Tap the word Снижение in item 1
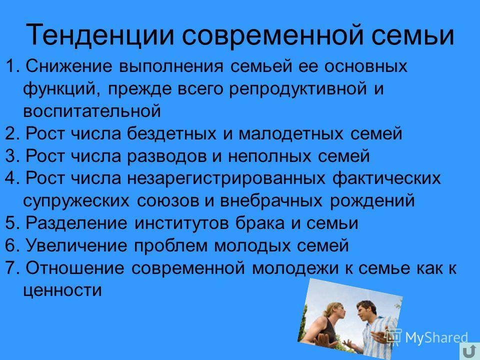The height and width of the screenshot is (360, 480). (69, 66)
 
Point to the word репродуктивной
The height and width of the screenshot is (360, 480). (298, 89)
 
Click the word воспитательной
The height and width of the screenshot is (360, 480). (92, 111)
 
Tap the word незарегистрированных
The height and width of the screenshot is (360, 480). (226, 178)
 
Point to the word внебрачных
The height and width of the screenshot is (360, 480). (271, 201)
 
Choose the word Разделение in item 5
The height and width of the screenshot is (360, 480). (76, 223)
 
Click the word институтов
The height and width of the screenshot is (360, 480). (181, 223)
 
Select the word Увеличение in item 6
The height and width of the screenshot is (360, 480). (76, 245)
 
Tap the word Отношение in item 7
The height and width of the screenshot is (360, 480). (75, 268)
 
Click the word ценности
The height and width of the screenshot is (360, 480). (62, 290)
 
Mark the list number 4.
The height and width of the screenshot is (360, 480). (10, 178)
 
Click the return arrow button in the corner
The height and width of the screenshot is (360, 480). (469, 351)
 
